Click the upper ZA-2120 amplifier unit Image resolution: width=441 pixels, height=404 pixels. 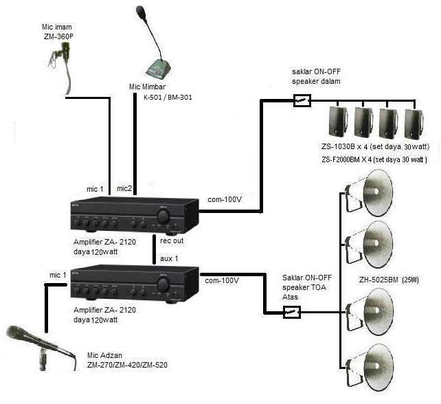131,216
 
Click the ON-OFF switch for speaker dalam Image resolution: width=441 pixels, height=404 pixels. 301,101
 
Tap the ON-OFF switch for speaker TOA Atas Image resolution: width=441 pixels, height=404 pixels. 291,313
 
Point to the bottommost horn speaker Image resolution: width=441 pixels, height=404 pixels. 374,362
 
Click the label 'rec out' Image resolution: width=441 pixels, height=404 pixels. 172,241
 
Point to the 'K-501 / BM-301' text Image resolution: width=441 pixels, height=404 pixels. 168,98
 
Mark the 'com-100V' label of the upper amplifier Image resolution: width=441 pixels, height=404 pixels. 225,200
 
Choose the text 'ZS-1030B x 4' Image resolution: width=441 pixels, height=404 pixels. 346,146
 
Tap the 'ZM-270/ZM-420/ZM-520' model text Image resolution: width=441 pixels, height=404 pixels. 126,365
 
